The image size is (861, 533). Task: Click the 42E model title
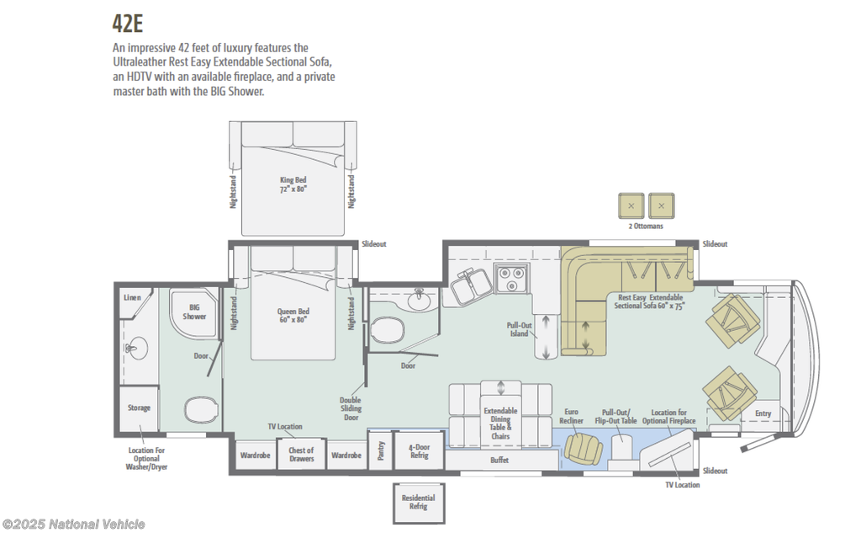tap(128, 24)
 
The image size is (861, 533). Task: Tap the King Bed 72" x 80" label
tap(293, 184)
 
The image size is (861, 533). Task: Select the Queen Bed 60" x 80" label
tap(293, 315)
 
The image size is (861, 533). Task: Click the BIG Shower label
tap(194, 312)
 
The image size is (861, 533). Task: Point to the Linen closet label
tap(132, 297)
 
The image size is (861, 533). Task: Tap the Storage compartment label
tap(139, 408)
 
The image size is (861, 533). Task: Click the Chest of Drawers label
tap(302, 455)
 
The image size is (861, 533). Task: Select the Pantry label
tap(381, 451)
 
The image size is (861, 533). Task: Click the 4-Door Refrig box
tap(419, 450)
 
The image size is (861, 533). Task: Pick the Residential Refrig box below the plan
tap(419, 503)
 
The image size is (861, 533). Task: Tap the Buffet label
tap(499, 460)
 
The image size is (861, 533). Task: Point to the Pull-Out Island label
tap(519, 329)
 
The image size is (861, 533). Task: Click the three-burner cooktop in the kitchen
tap(512, 279)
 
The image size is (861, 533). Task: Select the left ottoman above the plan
tap(631, 206)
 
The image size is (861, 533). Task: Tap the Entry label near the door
tap(763, 413)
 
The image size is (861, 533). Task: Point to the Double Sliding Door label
tap(351, 408)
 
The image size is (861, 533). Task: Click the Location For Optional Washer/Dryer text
tap(146, 459)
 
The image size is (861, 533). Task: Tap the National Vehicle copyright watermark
tap(74, 525)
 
